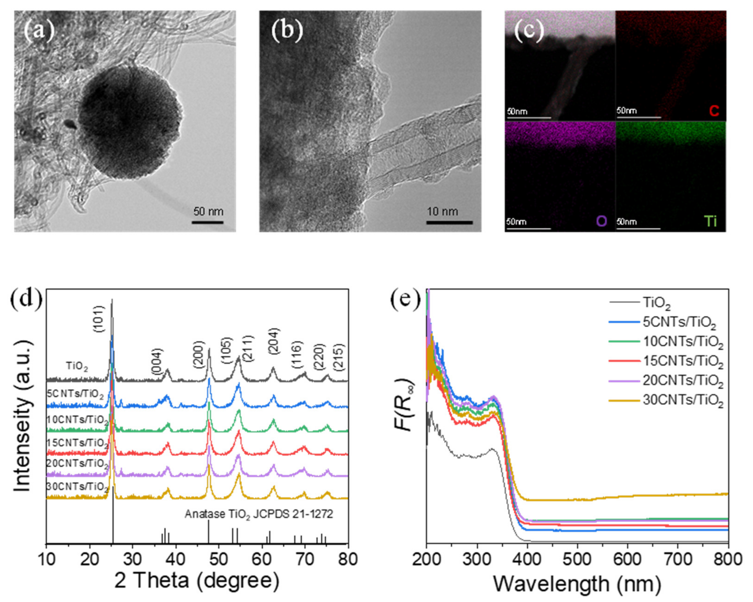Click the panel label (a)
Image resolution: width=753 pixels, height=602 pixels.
pos(39,31)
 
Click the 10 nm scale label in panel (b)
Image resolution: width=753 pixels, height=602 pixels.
pos(442,211)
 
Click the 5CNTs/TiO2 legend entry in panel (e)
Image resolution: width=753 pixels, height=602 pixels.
pos(679,323)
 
